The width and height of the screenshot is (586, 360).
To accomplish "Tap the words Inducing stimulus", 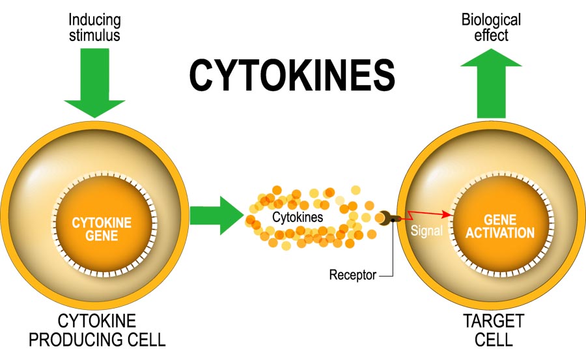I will pyautogui.click(x=94, y=27).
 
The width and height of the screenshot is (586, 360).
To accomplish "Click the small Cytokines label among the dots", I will pyautogui.click(x=297, y=217).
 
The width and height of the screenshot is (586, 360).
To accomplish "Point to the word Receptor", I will pyautogui.click(x=352, y=275).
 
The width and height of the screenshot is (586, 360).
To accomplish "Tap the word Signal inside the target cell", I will pyautogui.click(x=427, y=231).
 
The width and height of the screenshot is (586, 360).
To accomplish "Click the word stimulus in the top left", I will pyautogui.click(x=94, y=35).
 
